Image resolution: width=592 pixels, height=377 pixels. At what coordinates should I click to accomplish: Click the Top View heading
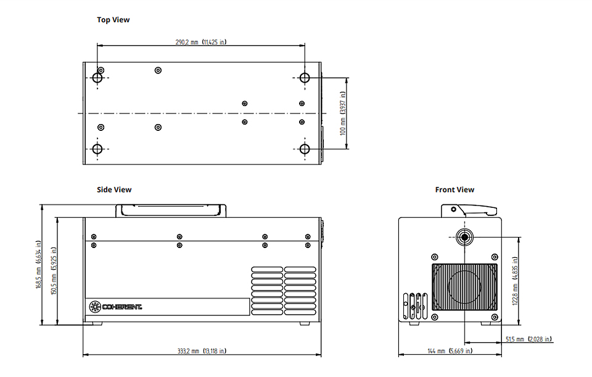click(x=113, y=20)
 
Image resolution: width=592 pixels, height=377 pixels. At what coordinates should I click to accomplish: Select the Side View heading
click(x=114, y=189)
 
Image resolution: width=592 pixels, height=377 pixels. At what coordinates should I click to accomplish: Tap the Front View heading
click(x=454, y=189)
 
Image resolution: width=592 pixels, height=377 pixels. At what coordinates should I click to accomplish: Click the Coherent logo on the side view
click(x=115, y=307)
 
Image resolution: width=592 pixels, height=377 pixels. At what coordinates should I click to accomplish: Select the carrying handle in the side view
click(x=171, y=211)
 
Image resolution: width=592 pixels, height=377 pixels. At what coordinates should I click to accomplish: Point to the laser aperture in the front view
click(x=464, y=237)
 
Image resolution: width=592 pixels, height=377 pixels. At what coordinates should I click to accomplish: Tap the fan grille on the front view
click(x=464, y=287)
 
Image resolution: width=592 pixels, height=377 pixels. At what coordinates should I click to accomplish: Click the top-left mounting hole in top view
click(x=97, y=78)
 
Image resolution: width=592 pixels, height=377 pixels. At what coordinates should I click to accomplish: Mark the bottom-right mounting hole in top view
click(x=305, y=149)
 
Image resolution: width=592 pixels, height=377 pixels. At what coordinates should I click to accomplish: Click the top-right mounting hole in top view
click(x=305, y=78)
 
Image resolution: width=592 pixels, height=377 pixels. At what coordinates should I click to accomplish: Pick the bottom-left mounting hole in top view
click(x=97, y=149)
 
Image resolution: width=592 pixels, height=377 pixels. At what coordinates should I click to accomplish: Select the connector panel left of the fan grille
click(x=415, y=306)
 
